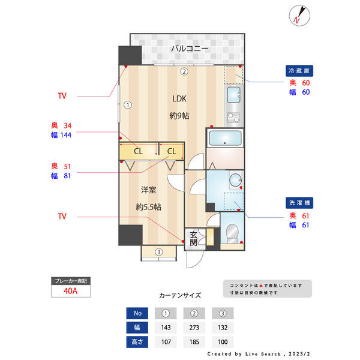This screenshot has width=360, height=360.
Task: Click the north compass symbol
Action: tap(299, 16)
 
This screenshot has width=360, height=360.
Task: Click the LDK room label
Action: tap(180, 99)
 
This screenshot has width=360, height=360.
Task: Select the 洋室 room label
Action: tap(148, 190)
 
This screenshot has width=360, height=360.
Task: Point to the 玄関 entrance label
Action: tap(193, 239)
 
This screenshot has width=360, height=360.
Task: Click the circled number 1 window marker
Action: tap(128, 104)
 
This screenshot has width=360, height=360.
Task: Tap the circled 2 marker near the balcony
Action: tap(185, 71)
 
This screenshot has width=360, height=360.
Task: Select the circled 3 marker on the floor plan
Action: tap(158, 252)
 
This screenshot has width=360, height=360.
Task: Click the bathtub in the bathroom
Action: tap(225, 140)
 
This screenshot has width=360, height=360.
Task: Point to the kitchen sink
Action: tap(233, 94)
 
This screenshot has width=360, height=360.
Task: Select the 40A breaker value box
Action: tap(71, 292)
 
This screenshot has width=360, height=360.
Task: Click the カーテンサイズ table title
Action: tap(180, 296)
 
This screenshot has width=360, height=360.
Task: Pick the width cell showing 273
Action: tap(194, 328)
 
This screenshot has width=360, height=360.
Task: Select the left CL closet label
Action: tap(138, 151)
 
